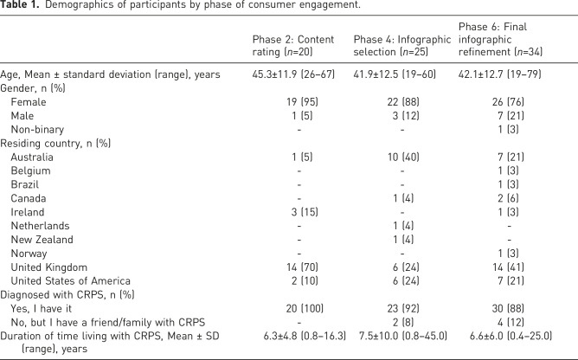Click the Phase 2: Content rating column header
[x=293, y=45]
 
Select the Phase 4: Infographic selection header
[x=402, y=45]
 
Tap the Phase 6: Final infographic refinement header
[x=500, y=39]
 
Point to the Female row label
[x=29, y=102]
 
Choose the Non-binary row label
[x=37, y=130]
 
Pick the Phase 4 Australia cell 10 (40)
[x=403, y=157]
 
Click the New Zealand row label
[x=42, y=240]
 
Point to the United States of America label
[x=70, y=281]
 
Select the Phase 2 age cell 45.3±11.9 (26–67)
[x=293, y=74]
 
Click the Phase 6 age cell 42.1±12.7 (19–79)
[x=499, y=74]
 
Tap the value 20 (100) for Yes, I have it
[x=305, y=308]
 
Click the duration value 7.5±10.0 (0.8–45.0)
[x=403, y=336]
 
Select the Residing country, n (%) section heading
[x=55, y=143]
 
